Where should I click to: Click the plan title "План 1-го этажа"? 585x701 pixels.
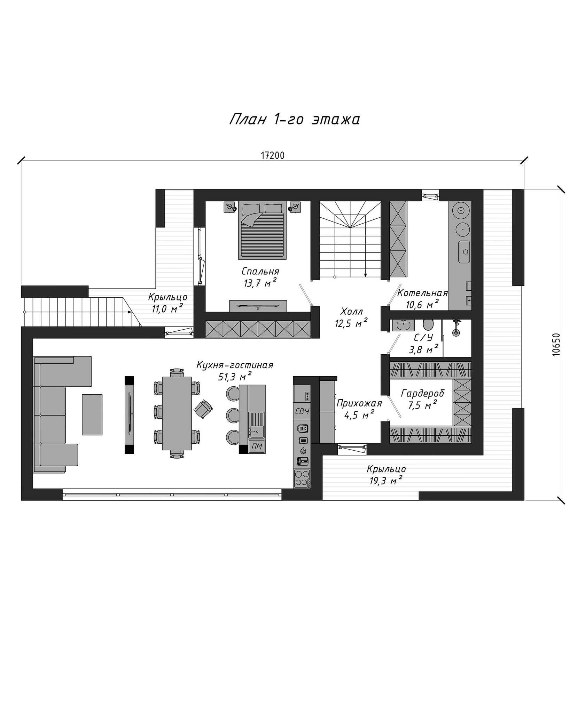(295, 119)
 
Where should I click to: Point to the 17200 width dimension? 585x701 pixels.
(273, 155)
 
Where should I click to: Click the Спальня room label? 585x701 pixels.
(260, 271)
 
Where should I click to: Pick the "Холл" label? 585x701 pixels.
(352, 311)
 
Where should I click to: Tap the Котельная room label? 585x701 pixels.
(422, 293)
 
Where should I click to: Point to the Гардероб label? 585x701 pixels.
(423, 394)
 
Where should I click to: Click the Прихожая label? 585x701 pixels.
(359, 403)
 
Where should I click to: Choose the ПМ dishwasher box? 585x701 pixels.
(256, 446)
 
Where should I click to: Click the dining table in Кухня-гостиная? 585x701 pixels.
(177, 413)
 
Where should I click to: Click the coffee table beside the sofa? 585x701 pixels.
(92, 414)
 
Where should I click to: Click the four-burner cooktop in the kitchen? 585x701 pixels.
(302, 479)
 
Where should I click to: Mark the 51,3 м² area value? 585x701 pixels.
(234, 377)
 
